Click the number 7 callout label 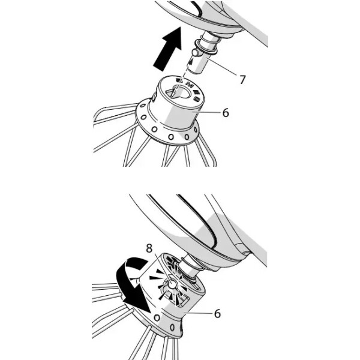point(242,79)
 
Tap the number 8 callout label point(149,248)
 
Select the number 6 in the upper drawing point(226,113)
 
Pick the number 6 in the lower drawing point(217,313)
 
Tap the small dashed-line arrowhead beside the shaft point(190,62)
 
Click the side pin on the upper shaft point(195,53)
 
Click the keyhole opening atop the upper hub point(178,92)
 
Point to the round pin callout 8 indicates point(172,284)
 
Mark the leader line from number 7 point(221,67)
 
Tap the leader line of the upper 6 point(206,112)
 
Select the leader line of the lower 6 point(198,313)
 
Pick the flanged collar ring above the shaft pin point(206,47)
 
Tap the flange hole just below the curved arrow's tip point(157,318)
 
